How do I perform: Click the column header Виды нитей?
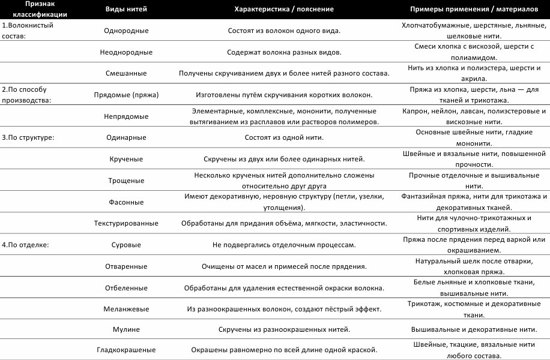(126, 9)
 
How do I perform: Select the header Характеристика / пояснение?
(284, 9)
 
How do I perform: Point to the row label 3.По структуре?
(28, 137)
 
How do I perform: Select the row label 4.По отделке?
(25, 245)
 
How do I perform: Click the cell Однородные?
(126, 31)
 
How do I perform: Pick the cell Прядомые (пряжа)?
(126, 95)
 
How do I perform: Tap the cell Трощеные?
(126, 180)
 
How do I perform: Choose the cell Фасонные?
(126, 202)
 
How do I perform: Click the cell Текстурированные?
(126, 223)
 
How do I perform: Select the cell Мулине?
(126, 330)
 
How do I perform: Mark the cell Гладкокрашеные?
(126, 350)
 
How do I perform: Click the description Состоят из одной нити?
(284, 137)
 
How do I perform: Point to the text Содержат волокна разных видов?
(284, 52)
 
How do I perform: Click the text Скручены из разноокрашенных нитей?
(284, 330)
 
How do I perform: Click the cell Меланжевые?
(126, 309)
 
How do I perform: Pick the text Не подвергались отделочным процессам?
(284, 245)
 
